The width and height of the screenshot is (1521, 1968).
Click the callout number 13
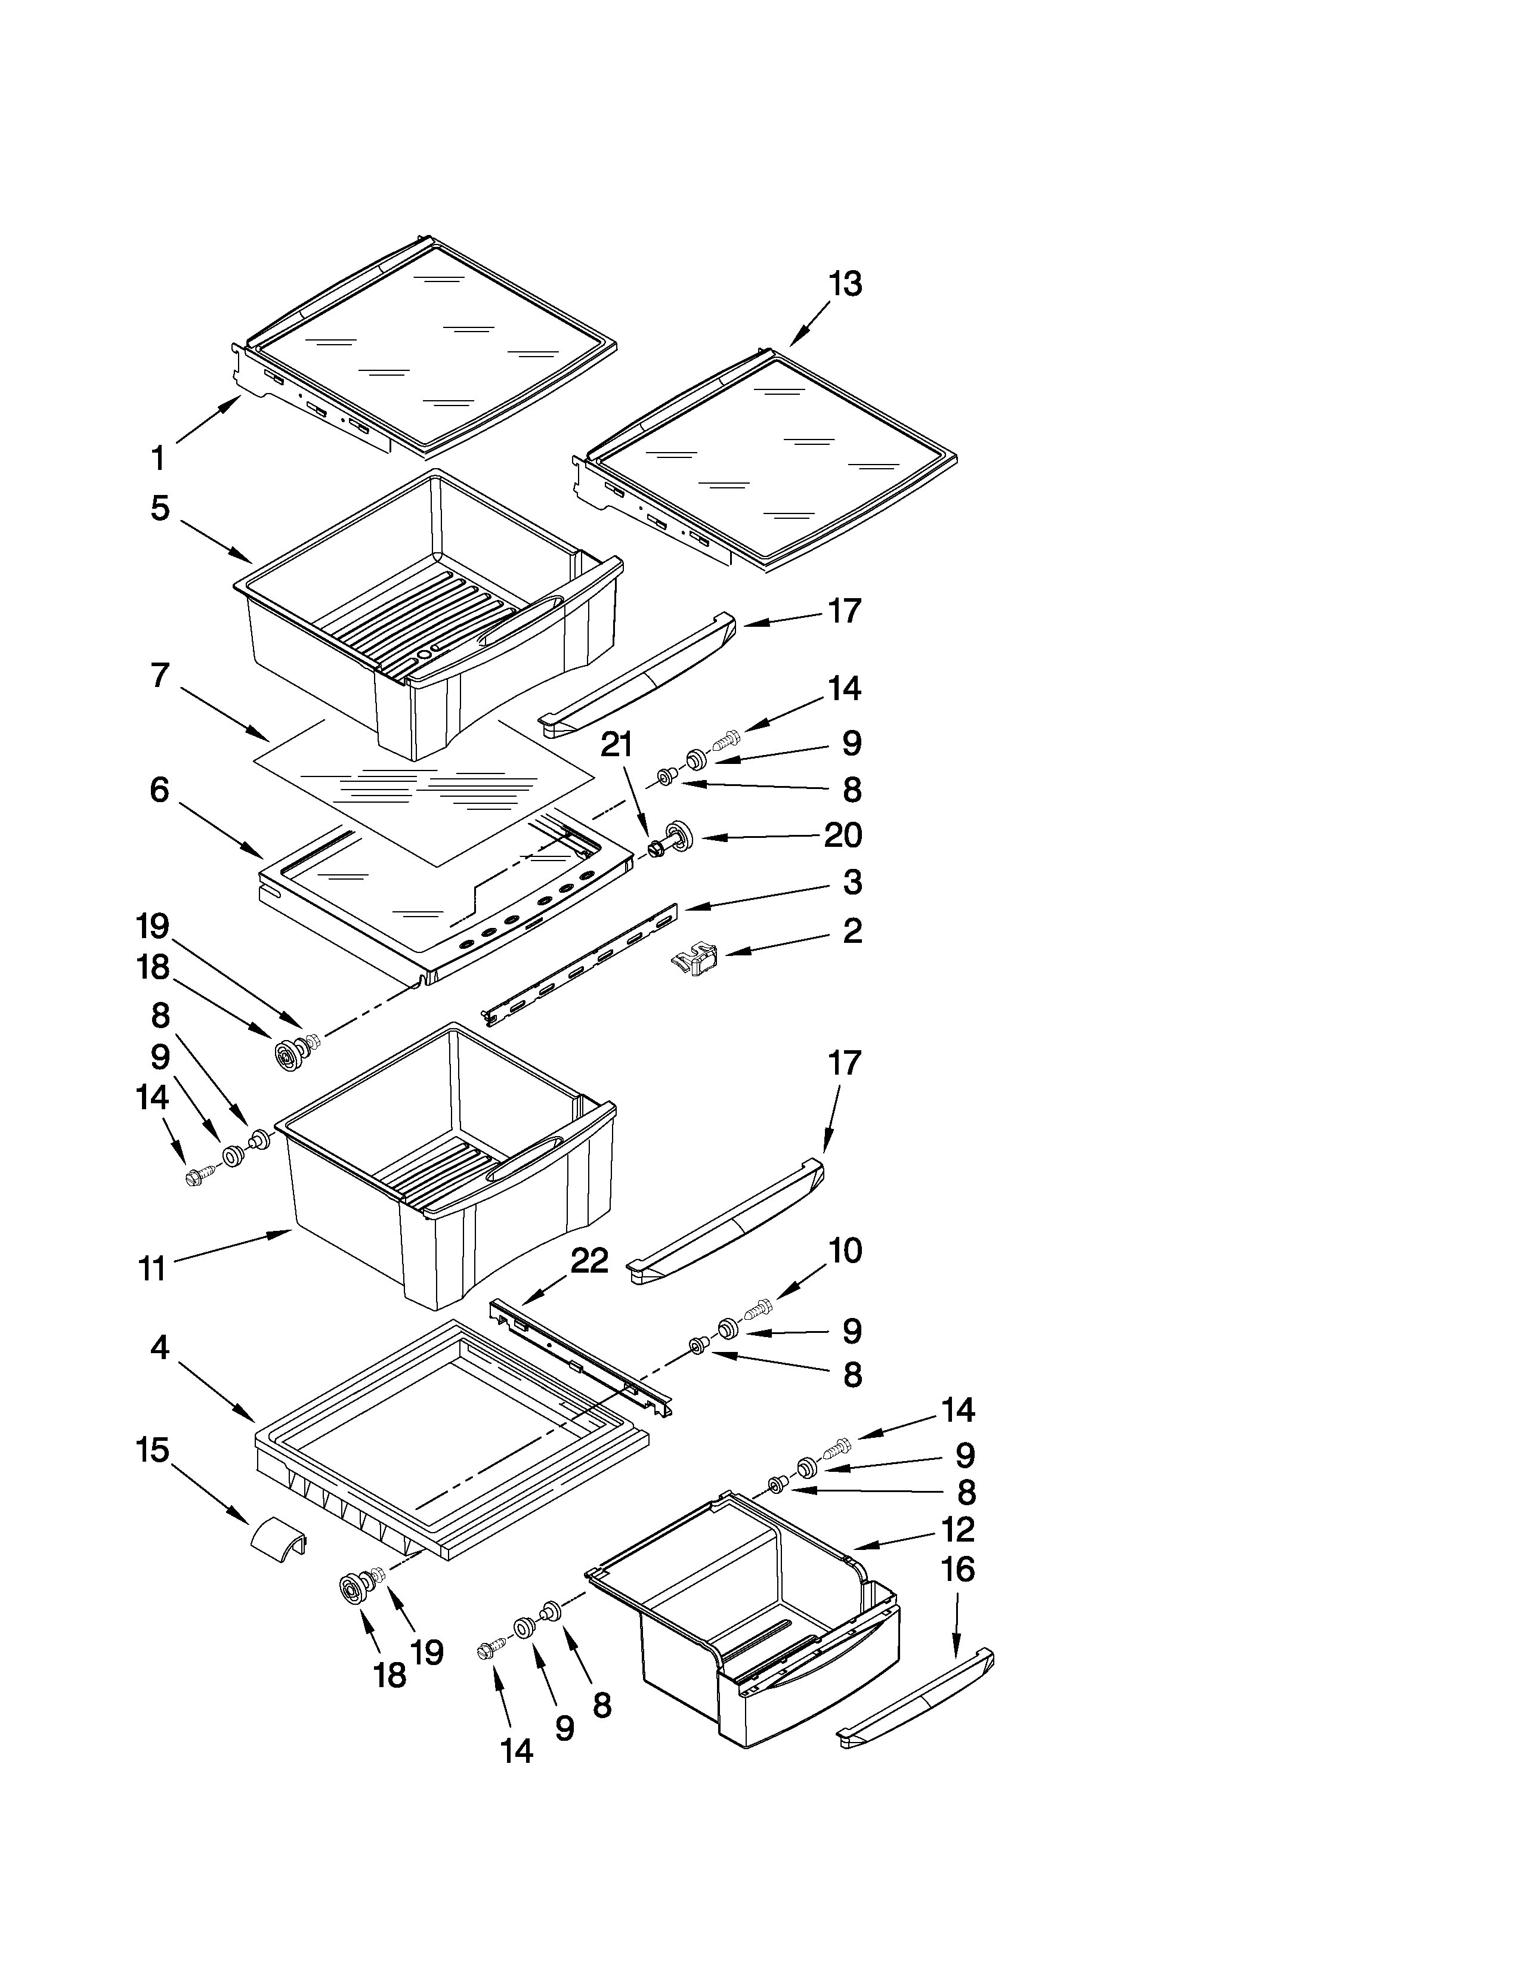pos(845,284)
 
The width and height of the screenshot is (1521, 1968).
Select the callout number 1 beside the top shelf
pos(157,458)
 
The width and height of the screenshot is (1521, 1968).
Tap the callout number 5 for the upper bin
pos(159,508)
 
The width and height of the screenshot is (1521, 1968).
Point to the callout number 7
pos(159,674)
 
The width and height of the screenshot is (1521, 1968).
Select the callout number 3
pos(852,882)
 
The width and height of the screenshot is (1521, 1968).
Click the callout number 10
pos(845,1250)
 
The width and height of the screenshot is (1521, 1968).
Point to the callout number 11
pos(153,1268)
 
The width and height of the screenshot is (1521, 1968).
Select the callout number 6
pos(159,790)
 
